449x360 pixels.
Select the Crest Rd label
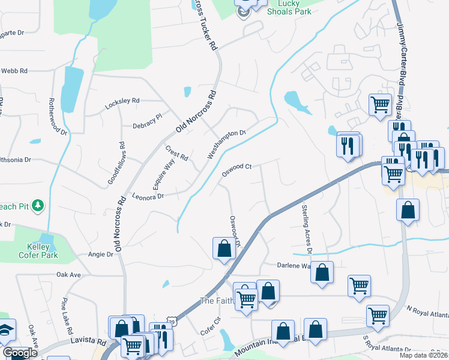coord(177,154)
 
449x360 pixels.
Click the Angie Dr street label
coord(101,254)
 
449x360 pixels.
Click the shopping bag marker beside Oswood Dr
coord(224,248)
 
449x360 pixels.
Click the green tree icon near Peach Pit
coord(38,206)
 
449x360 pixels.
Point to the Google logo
coord(20,352)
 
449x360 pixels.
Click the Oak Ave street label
coord(68,274)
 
